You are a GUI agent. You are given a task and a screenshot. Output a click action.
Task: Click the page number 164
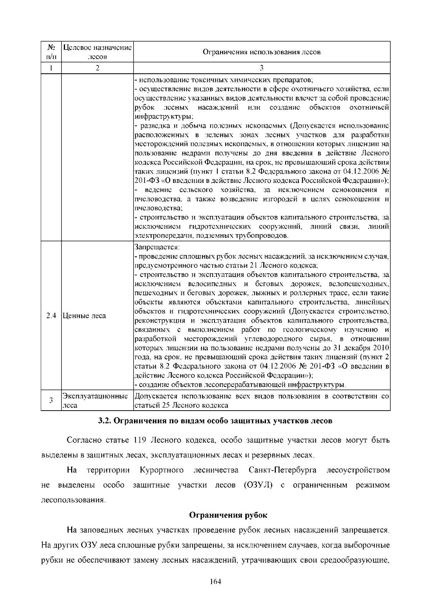tap(215, 582)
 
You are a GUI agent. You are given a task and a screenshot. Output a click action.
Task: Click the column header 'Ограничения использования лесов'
tap(261, 52)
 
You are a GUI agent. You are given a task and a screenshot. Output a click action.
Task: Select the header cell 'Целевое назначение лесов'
tap(97, 52)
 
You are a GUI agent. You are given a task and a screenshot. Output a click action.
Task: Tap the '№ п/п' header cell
tap(51, 52)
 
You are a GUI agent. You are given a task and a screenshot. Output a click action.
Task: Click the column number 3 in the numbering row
tap(261, 68)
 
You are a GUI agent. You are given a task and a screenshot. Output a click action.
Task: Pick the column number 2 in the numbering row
tap(97, 68)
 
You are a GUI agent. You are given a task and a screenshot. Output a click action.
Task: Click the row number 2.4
tap(51, 316)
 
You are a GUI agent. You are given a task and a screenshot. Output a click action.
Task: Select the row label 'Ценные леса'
tap(84, 316)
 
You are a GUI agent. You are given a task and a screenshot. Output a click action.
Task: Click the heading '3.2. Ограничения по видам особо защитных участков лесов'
tap(215, 421)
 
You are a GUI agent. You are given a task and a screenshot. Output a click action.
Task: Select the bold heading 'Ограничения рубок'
tap(228, 515)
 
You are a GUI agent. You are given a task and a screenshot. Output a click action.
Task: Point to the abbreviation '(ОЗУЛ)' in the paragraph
tap(258, 485)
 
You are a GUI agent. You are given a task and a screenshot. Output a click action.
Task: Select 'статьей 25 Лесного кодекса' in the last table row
tap(181, 405)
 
